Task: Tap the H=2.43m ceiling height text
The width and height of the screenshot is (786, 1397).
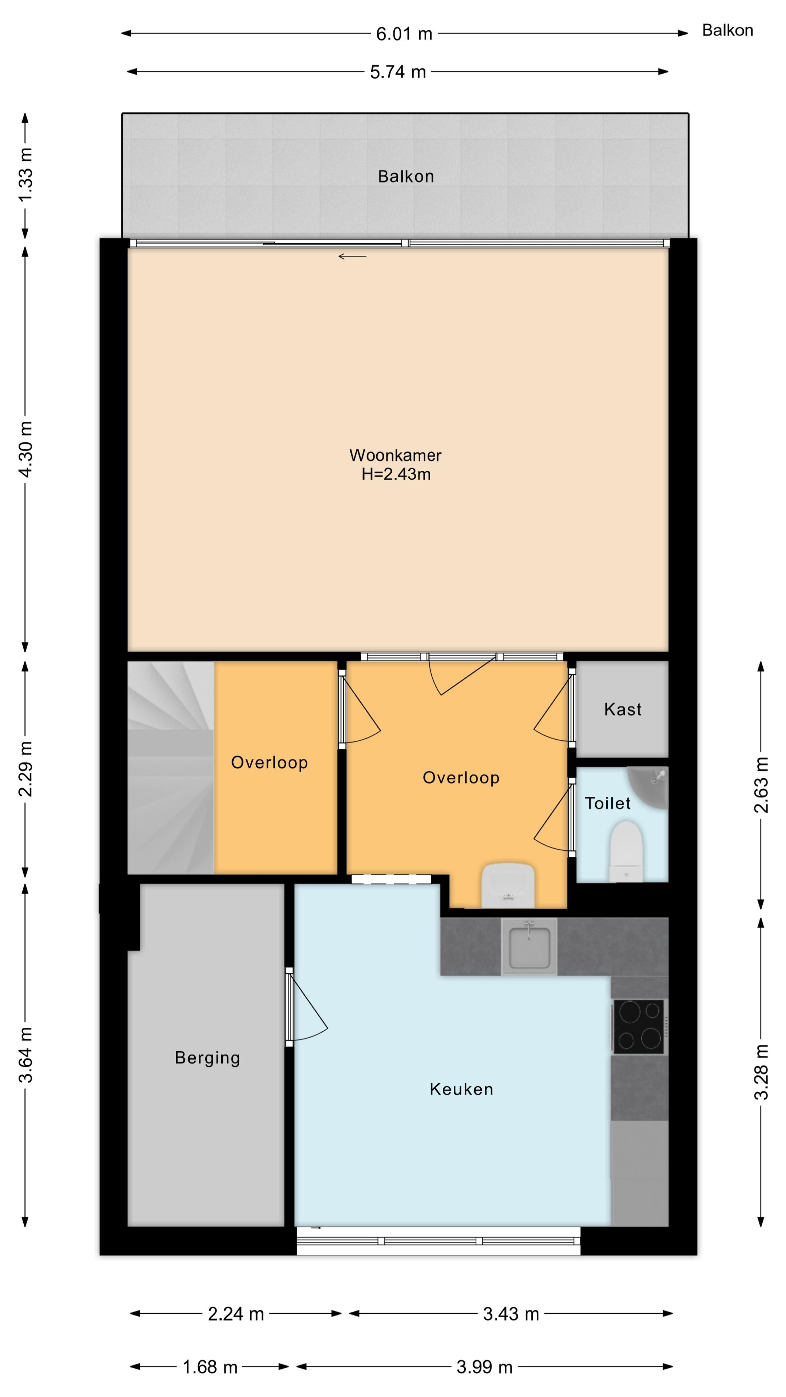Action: coord(396,474)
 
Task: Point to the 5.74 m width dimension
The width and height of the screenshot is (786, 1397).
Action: coord(398,72)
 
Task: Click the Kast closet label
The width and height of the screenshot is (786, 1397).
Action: coord(623,709)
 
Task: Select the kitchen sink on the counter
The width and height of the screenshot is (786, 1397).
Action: coord(529,946)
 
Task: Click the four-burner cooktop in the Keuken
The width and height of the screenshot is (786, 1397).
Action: coord(640,1027)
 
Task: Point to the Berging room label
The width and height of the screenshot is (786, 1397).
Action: coord(207,1058)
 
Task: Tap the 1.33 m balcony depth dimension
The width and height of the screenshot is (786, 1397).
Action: coord(25,175)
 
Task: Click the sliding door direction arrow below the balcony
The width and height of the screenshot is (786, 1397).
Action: coord(353,256)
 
